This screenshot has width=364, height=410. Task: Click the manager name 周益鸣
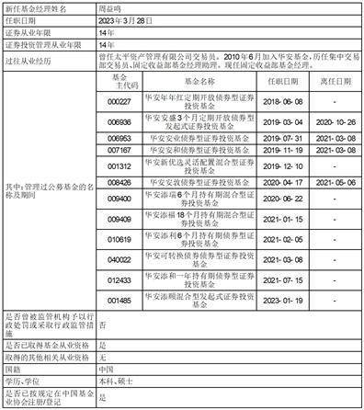tap(112, 6)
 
